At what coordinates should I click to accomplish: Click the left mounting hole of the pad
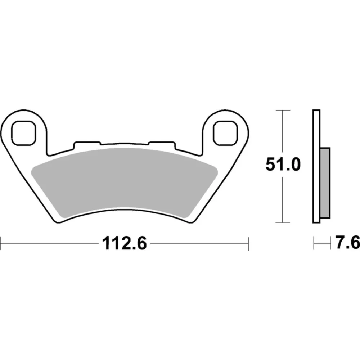[x=24, y=133]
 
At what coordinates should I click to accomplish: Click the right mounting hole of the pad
[x=225, y=133]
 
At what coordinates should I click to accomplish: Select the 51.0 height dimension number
[x=283, y=165]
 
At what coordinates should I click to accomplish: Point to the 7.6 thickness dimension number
[x=347, y=242]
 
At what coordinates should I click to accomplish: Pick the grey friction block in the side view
[x=325, y=183]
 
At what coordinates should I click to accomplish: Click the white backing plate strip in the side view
[x=316, y=166]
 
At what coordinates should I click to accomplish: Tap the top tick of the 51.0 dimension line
[x=283, y=110]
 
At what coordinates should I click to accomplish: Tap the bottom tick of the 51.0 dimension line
[x=283, y=222]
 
